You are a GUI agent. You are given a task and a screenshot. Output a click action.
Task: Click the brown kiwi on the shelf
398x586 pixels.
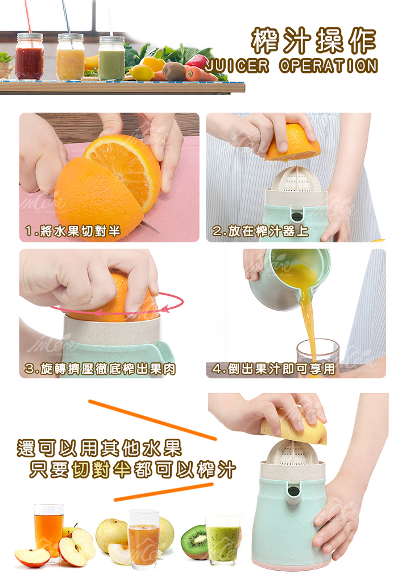click(174, 71)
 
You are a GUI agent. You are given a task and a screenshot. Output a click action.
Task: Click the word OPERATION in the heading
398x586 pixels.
click(329, 66)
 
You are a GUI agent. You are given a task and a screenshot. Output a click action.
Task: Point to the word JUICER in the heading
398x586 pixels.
click(237, 66)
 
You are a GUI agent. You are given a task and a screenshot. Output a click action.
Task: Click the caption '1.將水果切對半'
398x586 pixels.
click(72, 231)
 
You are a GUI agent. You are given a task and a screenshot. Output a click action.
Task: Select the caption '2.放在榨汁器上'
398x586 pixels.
click(260, 231)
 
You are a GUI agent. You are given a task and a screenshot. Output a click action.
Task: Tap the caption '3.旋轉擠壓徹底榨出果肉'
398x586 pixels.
click(100, 369)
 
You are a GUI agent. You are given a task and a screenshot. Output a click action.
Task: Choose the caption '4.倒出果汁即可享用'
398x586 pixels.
click(273, 369)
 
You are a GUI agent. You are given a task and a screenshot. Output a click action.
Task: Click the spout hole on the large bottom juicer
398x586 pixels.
click(294, 490)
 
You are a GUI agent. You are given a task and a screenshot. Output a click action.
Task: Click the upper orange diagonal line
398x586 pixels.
click(152, 420)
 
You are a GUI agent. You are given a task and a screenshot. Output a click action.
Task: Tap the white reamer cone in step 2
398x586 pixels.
click(297, 180)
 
